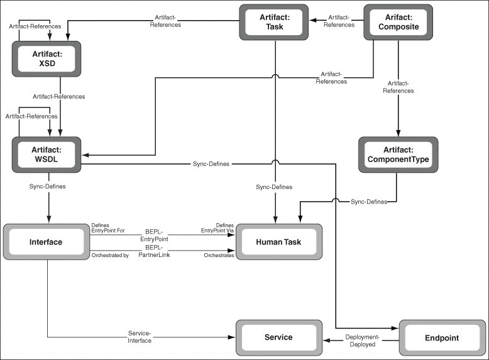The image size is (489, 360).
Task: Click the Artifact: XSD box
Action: [x=47, y=59]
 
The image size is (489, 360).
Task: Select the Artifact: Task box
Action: [x=274, y=22]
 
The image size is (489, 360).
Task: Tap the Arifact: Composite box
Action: [x=398, y=22]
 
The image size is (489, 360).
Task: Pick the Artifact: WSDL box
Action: [x=47, y=155]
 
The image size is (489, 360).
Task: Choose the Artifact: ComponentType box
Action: [x=398, y=155]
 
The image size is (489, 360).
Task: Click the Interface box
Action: [x=47, y=242]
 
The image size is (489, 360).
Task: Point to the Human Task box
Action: [x=279, y=242]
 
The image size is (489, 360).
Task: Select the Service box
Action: [x=279, y=337]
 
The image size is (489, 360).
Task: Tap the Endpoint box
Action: [x=442, y=338]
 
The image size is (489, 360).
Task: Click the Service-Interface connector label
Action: [x=140, y=337]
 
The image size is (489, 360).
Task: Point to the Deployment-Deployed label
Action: [x=363, y=341]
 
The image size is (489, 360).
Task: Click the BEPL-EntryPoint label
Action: [x=154, y=236]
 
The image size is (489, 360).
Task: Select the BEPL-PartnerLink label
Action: [x=154, y=251]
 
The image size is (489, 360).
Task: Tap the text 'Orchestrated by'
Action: [x=110, y=255]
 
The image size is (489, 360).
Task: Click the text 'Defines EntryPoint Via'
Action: [x=217, y=228]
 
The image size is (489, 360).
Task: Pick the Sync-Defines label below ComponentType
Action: [x=369, y=202]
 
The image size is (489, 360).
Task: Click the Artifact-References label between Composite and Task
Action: [x=339, y=21]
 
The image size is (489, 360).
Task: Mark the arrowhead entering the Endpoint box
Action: [x=395, y=328]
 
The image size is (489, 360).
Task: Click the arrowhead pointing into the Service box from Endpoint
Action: [x=326, y=340]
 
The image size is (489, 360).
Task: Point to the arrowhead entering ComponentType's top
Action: [x=398, y=133]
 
